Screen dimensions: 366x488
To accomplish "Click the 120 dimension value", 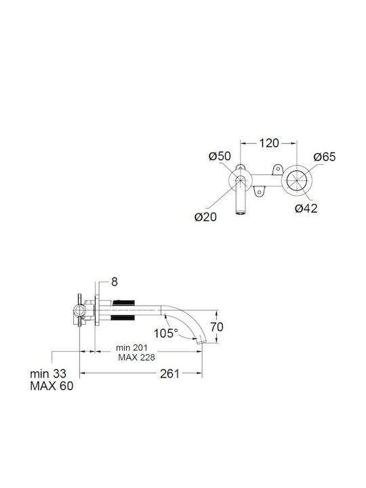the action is (x=269, y=143).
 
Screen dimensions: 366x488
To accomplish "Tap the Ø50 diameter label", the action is (x=220, y=156).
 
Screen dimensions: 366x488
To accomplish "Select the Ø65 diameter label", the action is (x=325, y=157).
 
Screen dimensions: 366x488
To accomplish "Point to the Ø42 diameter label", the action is (x=306, y=208).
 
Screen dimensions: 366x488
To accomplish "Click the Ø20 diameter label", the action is (x=205, y=217).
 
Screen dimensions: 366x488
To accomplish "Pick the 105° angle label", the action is (x=166, y=333).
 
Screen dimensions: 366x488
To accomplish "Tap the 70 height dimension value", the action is (x=217, y=327).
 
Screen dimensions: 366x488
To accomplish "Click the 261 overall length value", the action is (x=169, y=373).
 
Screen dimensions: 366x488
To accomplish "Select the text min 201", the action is (x=131, y=347).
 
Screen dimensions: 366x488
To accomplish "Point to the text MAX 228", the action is (x=136, y=357).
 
